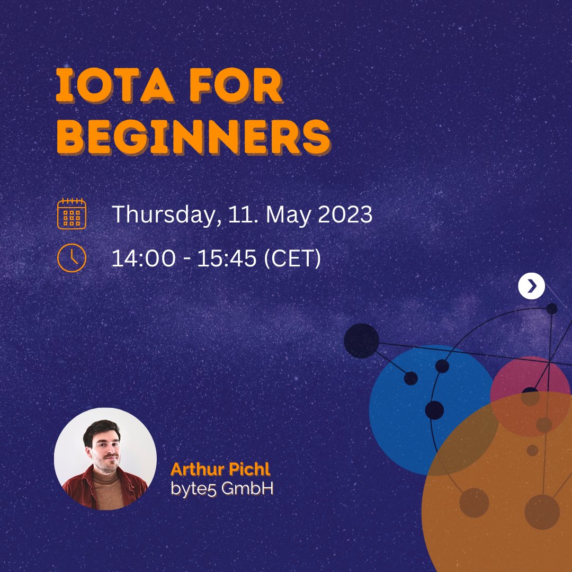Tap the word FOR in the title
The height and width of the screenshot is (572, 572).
241,87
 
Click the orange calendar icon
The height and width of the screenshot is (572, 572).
71,213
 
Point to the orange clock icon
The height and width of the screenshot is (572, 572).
71,258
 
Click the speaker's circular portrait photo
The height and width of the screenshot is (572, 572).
105,459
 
